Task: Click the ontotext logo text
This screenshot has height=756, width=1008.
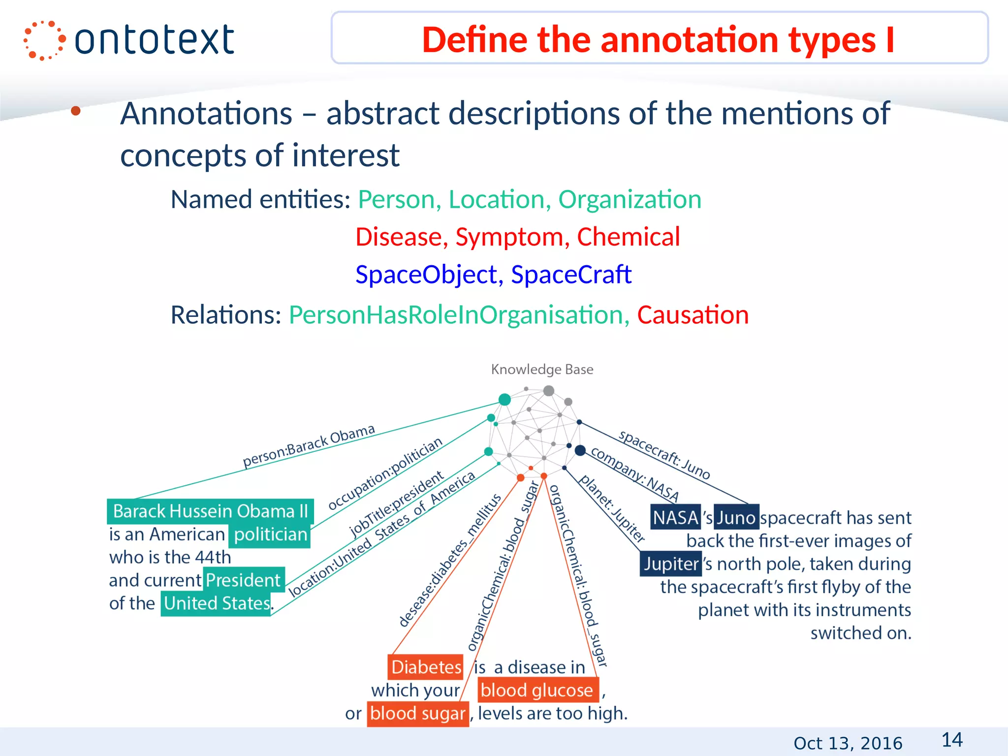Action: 154,40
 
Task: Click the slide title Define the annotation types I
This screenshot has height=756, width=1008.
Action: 658,39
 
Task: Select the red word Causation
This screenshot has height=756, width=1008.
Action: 693,315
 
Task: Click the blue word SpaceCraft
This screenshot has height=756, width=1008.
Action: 571,275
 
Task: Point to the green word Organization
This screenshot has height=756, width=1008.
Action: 630,200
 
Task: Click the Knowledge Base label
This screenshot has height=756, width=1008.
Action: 542,369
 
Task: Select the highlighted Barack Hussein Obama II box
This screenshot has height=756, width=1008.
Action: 210,511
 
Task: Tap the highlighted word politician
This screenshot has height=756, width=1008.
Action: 270,535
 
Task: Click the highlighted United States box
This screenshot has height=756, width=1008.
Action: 217,603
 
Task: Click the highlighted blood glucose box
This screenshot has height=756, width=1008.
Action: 536,691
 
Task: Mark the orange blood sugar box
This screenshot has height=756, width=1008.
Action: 417,714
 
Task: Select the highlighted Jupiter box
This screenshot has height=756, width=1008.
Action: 671,564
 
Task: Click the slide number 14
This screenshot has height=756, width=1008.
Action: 952,740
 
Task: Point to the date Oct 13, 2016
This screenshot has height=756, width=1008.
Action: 848,743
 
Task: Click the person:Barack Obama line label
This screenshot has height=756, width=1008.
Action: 309,446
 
